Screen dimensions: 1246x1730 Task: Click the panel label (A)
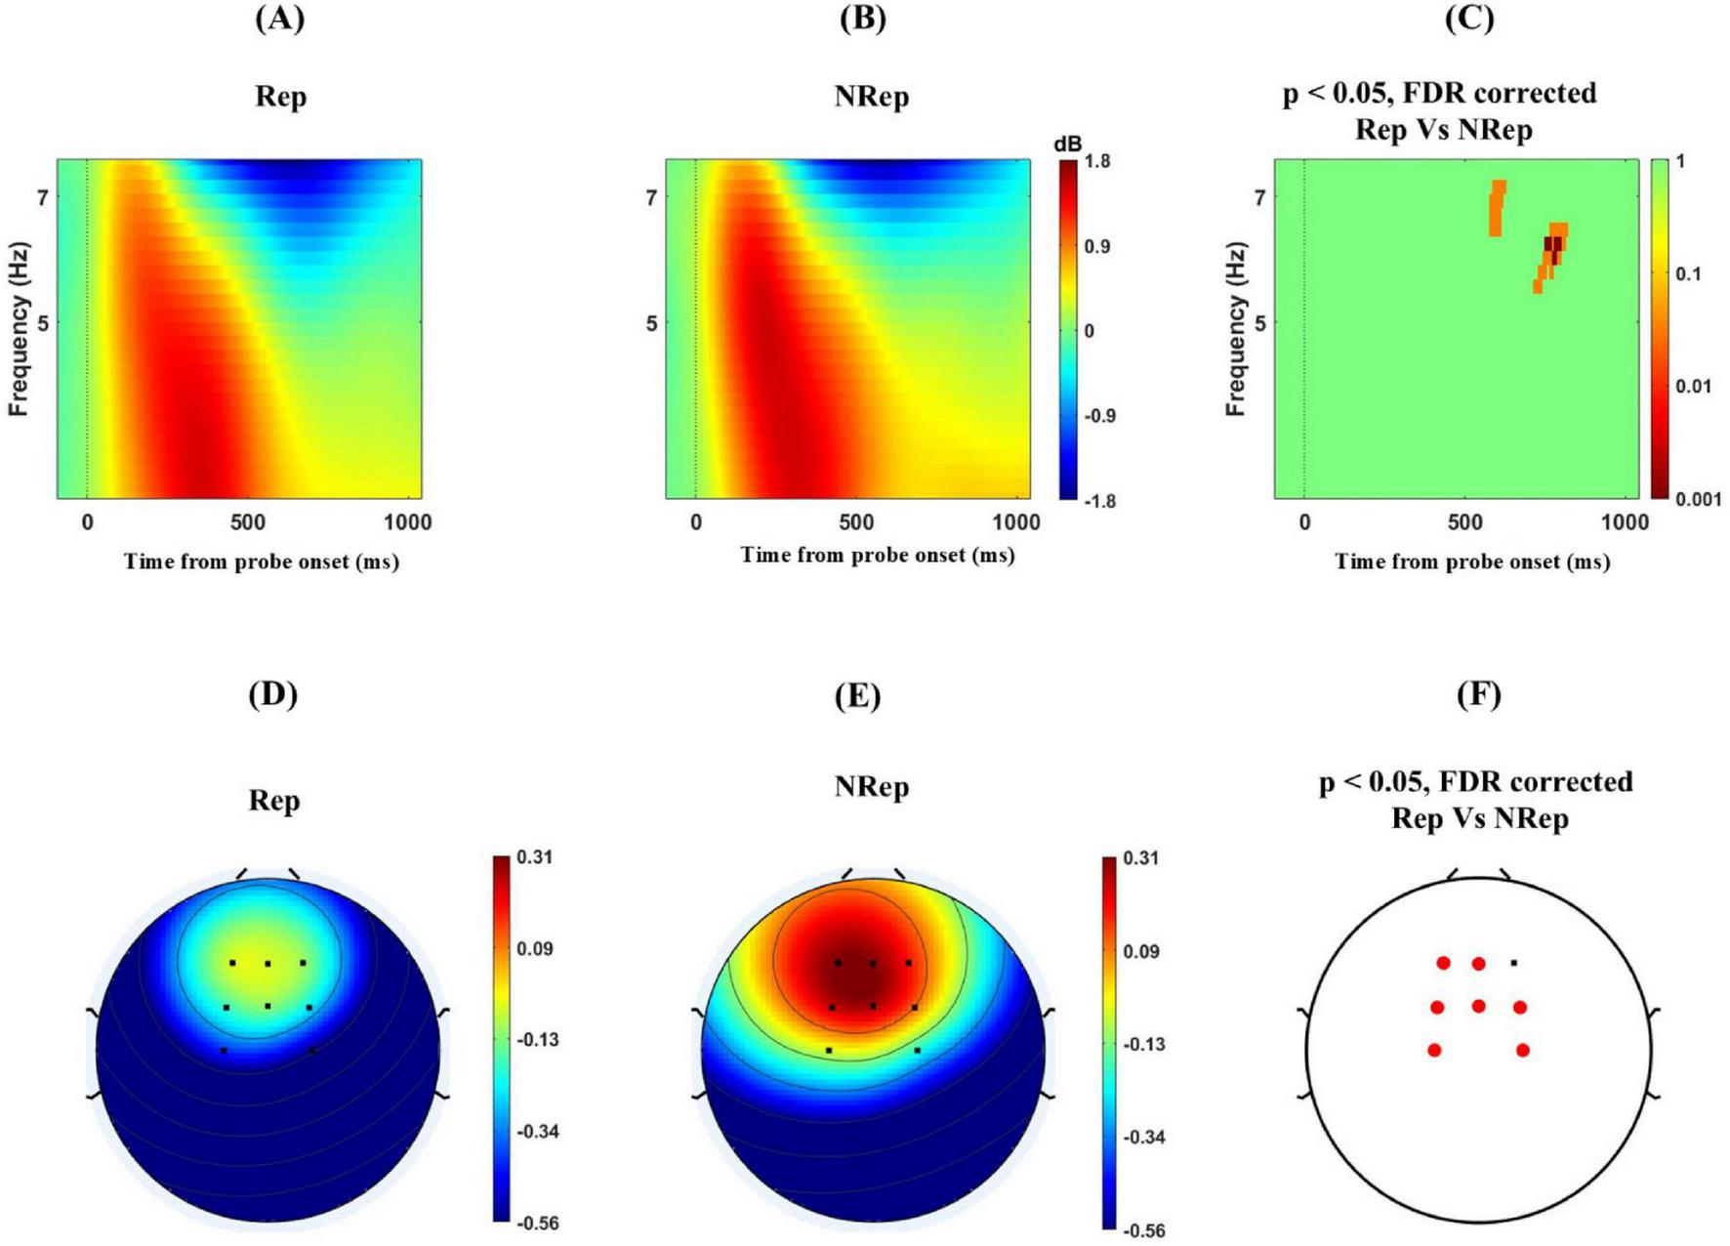click(279, 19)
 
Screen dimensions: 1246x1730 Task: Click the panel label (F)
click(1478, 694)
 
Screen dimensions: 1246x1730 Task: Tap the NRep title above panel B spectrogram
click(871, 97)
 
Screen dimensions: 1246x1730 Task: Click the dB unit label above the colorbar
click(1067, 144)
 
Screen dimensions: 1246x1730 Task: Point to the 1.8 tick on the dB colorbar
click(1097, 161)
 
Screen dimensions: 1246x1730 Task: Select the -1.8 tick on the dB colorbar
click(1099, 501)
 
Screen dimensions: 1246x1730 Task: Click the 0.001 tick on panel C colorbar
click(1699, 499)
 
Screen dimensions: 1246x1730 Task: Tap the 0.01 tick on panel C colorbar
click(1694, 387)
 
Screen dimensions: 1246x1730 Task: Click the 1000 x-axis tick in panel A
click(407, 522)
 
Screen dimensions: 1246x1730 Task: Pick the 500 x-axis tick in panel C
click(1464, 522)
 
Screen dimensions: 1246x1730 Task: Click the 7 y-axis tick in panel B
click(650, 197)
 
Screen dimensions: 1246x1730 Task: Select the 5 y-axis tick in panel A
click(43, 322)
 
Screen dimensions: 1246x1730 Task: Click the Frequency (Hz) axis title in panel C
click(1236, 329)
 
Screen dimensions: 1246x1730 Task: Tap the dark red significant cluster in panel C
click(1552, 244)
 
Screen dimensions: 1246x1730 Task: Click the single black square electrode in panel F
click(1513, 963)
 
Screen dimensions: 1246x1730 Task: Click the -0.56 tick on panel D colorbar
click(537, 1223)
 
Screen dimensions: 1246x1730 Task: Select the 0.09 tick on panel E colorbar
click(1141, 951)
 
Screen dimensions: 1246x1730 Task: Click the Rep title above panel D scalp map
click(273, 801)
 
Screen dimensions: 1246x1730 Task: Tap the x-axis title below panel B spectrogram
click(877, 555)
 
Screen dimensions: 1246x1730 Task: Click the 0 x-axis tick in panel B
click(695, 522)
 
